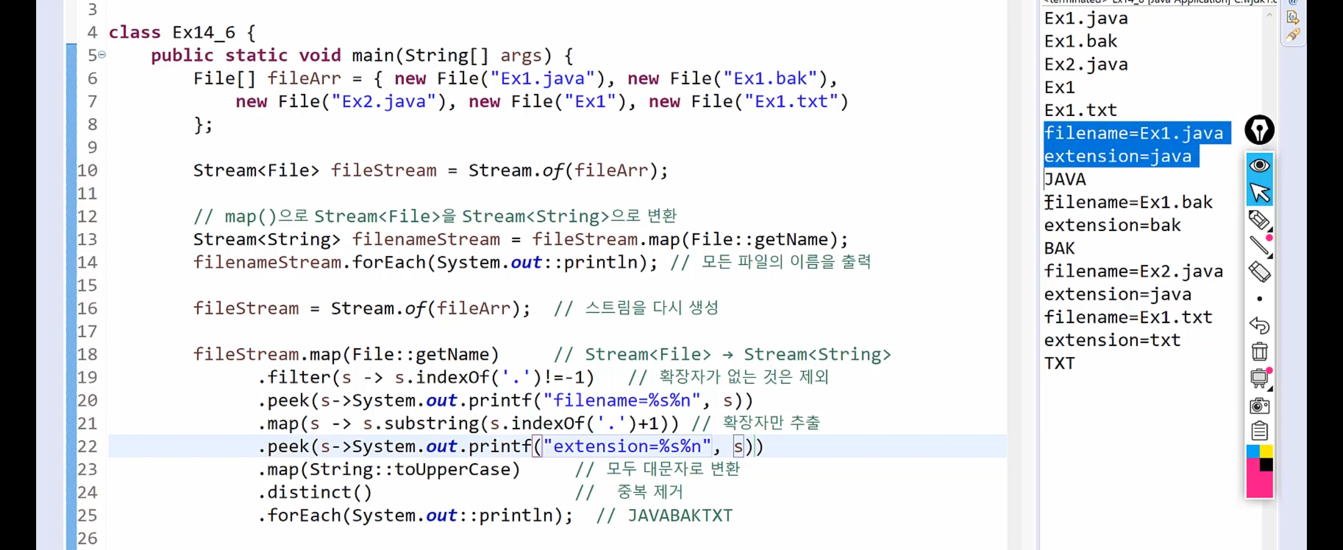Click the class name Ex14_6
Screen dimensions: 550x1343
click(x=203, y=33)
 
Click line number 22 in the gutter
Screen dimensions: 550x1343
click(x=87, y=447)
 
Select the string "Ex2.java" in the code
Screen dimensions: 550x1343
click(x=384, y=101)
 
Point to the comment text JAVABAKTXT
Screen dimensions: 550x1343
click(x=680, y=515)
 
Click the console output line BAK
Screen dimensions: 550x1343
click(x=1059, y=249)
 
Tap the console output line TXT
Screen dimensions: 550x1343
click(x=1059, y=363)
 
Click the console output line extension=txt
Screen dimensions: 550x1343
click(x=1112, y=340)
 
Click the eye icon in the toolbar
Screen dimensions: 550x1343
click(x=1259, y=166)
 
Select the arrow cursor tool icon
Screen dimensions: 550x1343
click(x=1260, y=193)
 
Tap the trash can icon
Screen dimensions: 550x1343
click(x=1259, y=352)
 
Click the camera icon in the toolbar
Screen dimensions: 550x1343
click(x=1259, y=405)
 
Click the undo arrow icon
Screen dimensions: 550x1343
click(x=1259, y=325)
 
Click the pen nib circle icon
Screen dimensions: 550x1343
click(x=1259, y=130)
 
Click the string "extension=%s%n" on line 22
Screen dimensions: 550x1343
click(x=627, y=447)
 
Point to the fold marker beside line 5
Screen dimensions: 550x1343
click(x=102, y=54)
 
